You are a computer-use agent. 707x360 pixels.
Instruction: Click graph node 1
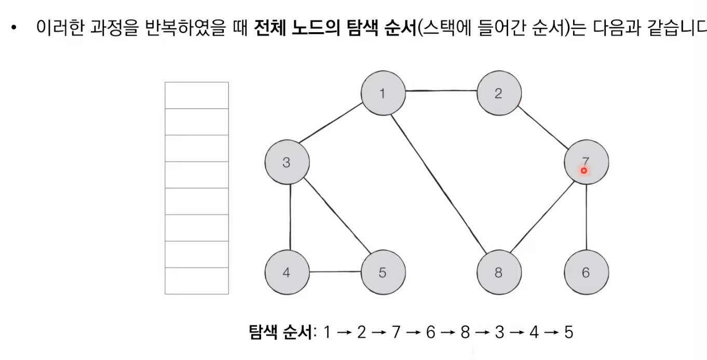pos(383,94)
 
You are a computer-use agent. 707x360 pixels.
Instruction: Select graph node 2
pos(498,94)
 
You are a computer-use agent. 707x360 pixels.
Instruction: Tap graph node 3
pos(286,162)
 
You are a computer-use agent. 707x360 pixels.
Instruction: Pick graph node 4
pos(286,272)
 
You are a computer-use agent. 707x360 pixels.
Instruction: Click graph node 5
pos(383,272)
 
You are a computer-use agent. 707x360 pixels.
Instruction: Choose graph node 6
pos(586,272)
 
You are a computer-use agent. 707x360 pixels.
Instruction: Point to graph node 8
pos(498,272)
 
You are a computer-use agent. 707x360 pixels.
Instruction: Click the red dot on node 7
pos(583,170)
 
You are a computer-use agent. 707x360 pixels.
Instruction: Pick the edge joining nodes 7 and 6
pos(586,217)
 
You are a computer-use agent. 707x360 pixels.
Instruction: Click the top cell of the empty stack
pos(197,95)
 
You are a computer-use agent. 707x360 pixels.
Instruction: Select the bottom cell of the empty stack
pos(197,281)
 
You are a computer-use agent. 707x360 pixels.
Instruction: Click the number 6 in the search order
pos(430,332)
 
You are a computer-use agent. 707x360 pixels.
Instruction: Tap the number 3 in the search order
pos(499,332)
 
